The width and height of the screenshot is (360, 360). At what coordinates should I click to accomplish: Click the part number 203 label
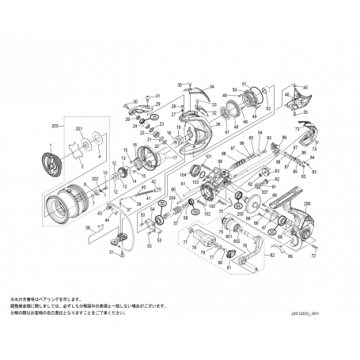click(55, 127)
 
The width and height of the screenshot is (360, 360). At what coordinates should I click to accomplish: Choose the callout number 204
click(172, 199)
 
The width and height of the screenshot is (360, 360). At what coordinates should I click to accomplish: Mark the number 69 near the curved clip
click(290, 257)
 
